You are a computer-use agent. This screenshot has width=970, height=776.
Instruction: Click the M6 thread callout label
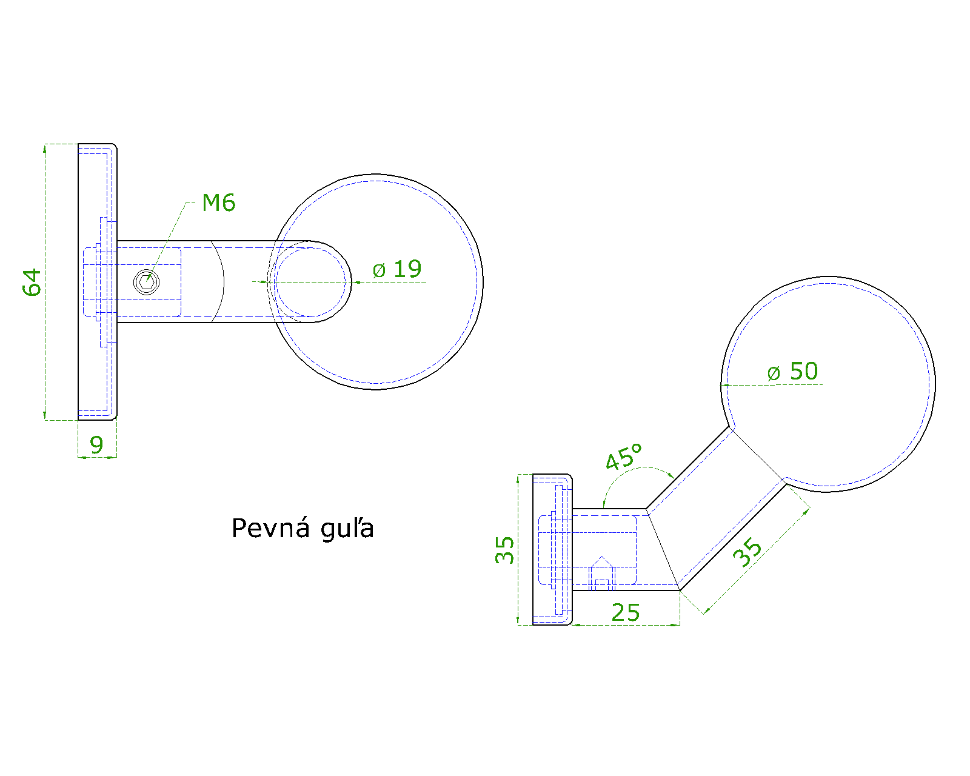pyautogui.click(x=219, y=202)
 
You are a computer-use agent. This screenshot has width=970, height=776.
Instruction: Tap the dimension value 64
pyautogui.click(x=32, y=283)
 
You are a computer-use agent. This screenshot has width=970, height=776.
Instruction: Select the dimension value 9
pyautogui.click(x=96, y=445)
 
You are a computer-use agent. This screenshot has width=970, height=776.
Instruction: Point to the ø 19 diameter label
pyautogui.click(x=397, y=269)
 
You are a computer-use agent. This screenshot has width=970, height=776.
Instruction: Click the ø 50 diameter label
pyautogui.click(x=793, y=372)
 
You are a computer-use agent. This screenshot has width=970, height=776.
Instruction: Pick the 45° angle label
pyautogui.click(x=624, y=457)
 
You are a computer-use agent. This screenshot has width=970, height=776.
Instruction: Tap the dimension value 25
pyautogui.click(x=626, y=613)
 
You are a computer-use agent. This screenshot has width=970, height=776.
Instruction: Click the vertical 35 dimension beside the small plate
pyautogui.click(x=504, y=550)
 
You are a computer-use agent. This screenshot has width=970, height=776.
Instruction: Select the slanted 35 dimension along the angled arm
pyautogui.click(x=747, y=552)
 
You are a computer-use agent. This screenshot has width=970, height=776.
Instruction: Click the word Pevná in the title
pyautogui.click(x=270, y=528)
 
